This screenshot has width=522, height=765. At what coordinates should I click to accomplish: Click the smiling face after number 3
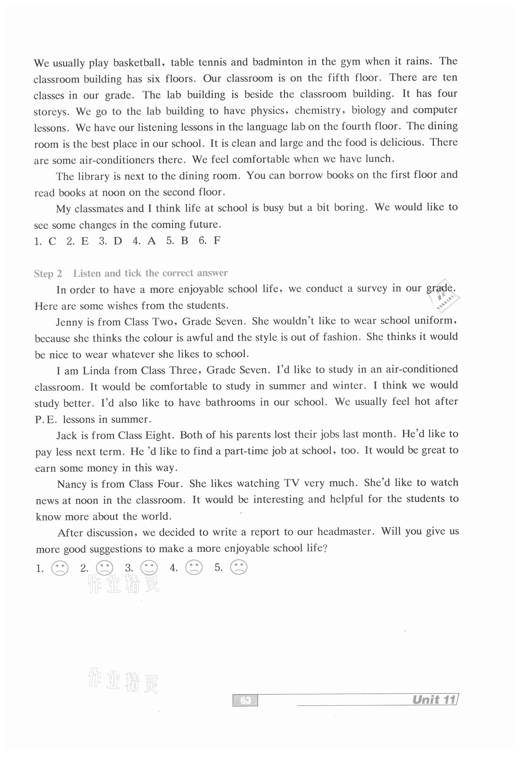tap(149, 568)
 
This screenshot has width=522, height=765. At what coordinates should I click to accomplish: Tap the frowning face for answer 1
tap(60, 568)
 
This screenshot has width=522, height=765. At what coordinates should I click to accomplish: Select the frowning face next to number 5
tap(239, 567)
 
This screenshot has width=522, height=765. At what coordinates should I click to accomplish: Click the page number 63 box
tap(245, 700)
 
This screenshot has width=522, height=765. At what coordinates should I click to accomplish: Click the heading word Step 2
tap(48, 273)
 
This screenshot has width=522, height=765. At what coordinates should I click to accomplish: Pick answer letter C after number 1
tap(52, 241)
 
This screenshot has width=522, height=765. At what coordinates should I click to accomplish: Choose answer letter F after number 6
tap(217, 240)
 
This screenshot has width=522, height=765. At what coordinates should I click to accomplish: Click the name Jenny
tap(69, 322)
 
